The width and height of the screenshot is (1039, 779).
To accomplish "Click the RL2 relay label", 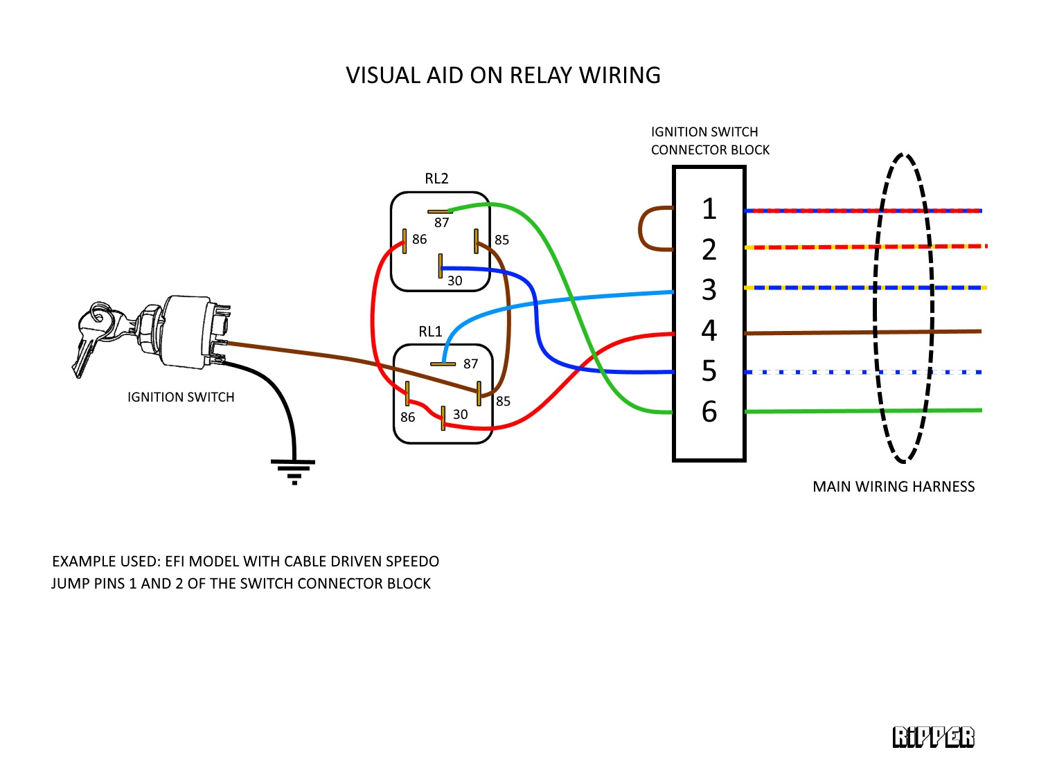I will tap(436, 179).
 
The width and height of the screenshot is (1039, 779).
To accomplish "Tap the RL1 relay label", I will tap(430, 332).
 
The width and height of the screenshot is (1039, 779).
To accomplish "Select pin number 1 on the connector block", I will tap(709, 209).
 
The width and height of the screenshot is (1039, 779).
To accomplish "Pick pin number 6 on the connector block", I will tap(709, 412).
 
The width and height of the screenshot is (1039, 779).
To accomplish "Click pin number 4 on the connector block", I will tap(709, 331).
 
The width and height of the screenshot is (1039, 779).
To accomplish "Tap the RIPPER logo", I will tap(933, 737).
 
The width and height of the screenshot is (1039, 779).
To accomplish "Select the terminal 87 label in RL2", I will tap(442, 223).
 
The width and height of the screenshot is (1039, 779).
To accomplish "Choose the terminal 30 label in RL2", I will tap(454, 280).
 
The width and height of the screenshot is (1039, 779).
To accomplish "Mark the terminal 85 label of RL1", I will tap(503, 402).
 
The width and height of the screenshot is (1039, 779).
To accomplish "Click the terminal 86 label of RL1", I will tap(407, 418).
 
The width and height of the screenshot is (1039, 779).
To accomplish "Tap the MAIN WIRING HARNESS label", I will tap(894, 487).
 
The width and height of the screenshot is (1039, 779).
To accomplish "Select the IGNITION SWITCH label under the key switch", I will tap(181, 397).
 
